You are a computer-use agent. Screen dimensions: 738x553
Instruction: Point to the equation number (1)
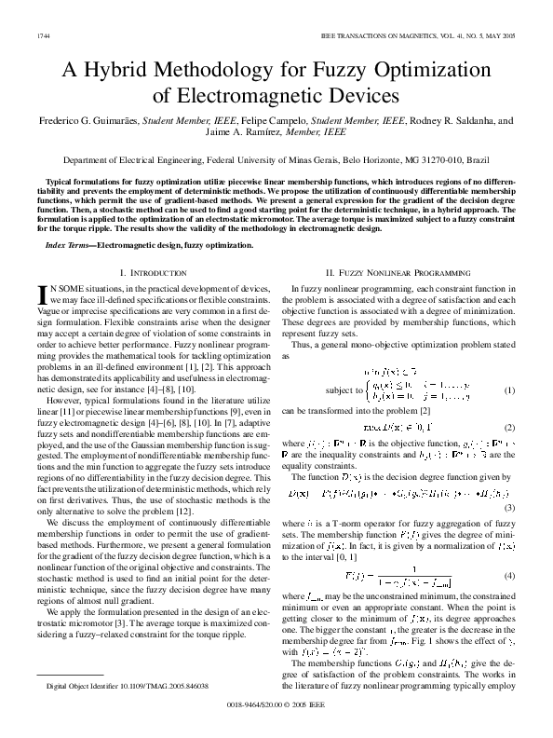pos(509,389)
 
